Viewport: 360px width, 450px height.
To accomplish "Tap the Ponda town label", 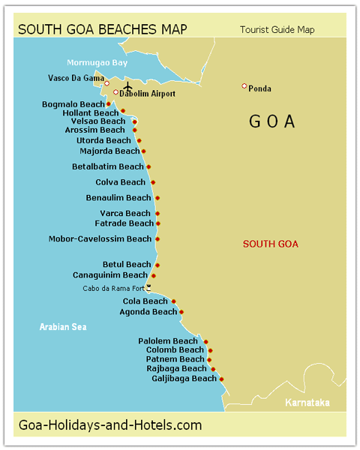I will pos(260,88).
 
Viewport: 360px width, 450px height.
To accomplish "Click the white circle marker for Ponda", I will pos(244,86).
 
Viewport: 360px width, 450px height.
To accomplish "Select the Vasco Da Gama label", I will pos(75,78).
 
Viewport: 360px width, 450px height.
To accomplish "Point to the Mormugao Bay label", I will pos(97,62).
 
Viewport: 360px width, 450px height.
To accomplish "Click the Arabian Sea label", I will pos(63,326).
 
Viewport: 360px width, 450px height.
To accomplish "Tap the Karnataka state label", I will pos(307,403).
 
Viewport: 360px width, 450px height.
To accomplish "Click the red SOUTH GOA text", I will pos(271,244).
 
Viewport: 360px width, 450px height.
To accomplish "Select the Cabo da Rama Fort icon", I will pos(148,286).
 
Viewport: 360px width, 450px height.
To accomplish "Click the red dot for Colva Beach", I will pos(153,182).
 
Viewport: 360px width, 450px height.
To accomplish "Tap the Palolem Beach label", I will pos(168,341).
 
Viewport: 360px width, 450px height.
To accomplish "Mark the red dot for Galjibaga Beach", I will pos(223,379).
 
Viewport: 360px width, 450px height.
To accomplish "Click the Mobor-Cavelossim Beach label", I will pos(100,239).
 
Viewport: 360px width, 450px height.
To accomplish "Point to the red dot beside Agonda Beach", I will pos(181,312).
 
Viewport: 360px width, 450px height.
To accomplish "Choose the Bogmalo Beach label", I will pos(73,104).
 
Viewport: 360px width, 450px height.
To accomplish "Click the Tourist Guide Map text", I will pos(277,30).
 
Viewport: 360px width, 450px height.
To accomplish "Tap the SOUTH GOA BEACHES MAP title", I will pos(103,30).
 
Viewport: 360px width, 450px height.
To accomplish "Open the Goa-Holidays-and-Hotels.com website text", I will pos(109,425).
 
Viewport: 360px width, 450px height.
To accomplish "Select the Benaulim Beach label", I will pos(118,198).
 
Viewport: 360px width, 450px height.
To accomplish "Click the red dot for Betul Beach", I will pos(157,265).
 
